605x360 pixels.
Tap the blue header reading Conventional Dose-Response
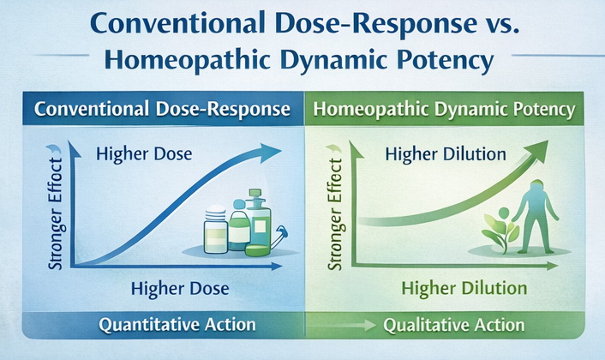coord(163,109)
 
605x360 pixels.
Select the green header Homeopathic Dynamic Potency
coord(444,109)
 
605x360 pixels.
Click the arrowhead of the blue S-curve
coord(270,151)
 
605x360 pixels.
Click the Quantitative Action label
coord(177,325)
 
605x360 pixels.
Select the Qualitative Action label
coord(454,325)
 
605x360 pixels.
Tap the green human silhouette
coord(536,217)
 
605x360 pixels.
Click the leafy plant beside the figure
coord(500,231)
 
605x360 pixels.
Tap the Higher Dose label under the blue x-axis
coord(180,289)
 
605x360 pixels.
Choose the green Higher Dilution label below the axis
coord(464,288)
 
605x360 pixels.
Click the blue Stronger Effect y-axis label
coord(55,213)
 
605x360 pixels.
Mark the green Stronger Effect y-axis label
coord(334,213)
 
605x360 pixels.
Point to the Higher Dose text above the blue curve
coord(144,154)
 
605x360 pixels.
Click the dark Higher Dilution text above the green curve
coord(446,154)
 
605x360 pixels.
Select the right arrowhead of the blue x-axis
coord(277,266)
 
